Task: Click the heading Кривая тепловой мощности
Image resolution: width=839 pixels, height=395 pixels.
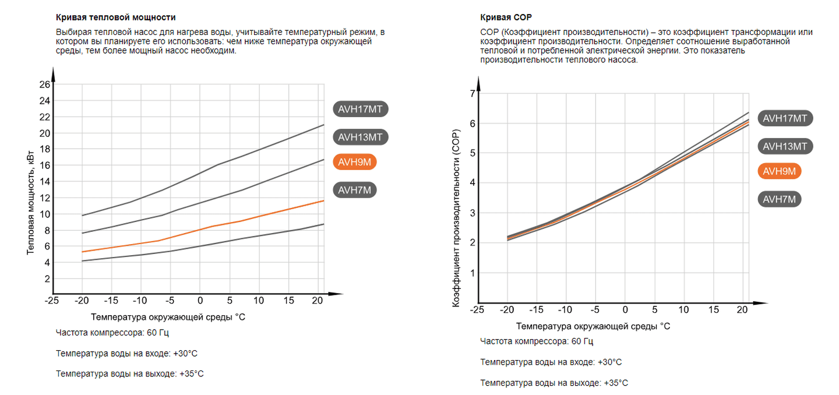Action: coord(115,17)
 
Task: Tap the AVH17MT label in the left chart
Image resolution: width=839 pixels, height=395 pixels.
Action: coord(361,109)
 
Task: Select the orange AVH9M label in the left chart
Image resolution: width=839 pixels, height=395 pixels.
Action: coord(354,162)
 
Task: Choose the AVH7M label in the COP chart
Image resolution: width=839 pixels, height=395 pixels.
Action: coord(779,199)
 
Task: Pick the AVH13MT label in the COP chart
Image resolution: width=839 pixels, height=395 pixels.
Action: coord(785,146)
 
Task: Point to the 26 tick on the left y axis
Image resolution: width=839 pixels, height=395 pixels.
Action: coord(45,84)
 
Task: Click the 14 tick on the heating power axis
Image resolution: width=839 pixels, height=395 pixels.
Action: coord(45,182)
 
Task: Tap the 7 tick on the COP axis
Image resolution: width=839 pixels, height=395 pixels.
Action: coord(472,94)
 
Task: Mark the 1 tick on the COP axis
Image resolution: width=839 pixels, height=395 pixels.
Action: coord(472,273)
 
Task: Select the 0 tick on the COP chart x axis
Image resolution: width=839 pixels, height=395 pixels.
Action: coord(625,310)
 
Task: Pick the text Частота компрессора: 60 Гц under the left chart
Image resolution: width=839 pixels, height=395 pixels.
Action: coord(112,333)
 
